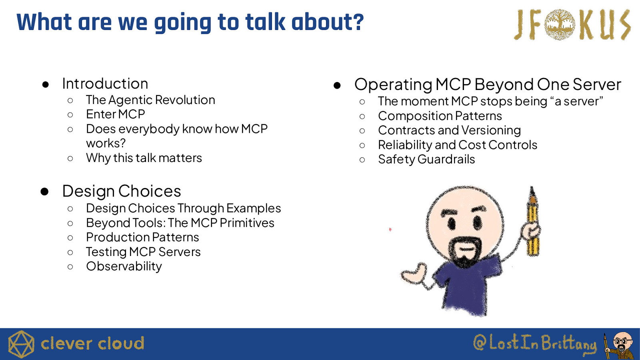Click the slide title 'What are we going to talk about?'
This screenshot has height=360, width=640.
pos(190,22)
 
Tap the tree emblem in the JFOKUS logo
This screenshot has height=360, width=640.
pos(560,24)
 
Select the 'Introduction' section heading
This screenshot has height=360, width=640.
pos(105,84)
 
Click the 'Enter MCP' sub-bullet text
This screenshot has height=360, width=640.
pos(116,114)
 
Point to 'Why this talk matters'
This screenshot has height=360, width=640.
pos(144,158)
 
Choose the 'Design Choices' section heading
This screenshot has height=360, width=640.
pos(122,191)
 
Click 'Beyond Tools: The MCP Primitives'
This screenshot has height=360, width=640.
pos(180,223)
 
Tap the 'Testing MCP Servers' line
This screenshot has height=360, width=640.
pos(144,252)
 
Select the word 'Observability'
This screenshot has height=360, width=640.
pos(124,266)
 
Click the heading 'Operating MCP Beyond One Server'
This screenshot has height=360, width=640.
pos(488,84)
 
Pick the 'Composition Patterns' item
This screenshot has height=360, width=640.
pos(440,116)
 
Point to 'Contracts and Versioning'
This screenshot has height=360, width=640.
pos(450,130)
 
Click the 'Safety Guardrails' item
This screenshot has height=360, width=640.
pos(426,160)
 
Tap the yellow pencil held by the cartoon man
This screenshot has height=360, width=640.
pos(532,222)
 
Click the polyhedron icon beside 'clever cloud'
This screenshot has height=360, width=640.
pos(21,344)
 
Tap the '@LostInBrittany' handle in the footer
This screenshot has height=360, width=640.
pos(535,343)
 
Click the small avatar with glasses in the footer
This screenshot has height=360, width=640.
pos(620,346)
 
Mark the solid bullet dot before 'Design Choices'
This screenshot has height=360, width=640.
pos(44,192)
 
